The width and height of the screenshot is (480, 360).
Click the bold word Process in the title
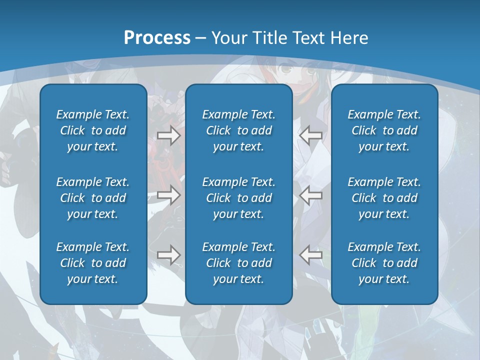pyautogui.click(x=157, y=38)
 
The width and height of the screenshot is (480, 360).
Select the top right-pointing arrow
pyautogui.click(x=168, y=135)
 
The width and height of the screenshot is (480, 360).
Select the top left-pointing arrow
pyautogui.click(x=310, y=135)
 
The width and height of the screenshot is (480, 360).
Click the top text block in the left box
pyautogui.click(x=93, y=130)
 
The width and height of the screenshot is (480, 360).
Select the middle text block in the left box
pyautogui.click(x=93, y=198)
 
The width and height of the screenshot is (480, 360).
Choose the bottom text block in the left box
pyautogui.click(x=93, y=263)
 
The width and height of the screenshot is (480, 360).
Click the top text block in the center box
pyautogui.click(x=238, y=130)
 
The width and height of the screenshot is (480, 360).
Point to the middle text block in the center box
pyautogui.click(x=238, y=198)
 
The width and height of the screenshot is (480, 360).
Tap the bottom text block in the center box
pyautogui.click(x=238, y=263)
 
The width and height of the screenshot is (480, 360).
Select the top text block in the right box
pyautogui.click(x=384, y=130)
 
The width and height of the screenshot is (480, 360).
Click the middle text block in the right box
pyautogui.click(x=384, y=198)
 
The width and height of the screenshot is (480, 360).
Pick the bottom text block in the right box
pyautogui.click(x=384, y=263)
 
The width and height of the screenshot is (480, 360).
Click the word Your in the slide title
pyautogui.click(x=227, y=38)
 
